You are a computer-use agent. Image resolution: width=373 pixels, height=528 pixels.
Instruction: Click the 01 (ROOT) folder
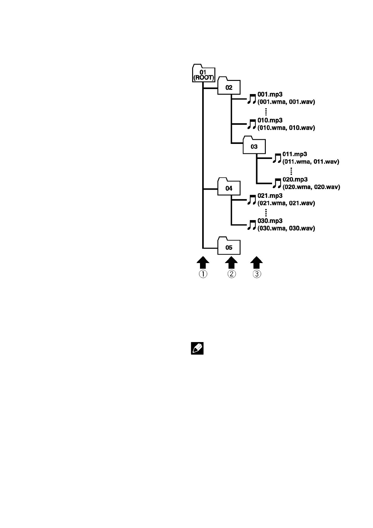tap(204, 74)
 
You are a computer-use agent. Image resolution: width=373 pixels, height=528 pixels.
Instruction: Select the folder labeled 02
tap(229, 86)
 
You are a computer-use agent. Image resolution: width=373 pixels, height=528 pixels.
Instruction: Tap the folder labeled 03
tap(254, 145)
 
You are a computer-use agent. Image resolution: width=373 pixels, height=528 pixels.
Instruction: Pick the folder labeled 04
tap(229, 187)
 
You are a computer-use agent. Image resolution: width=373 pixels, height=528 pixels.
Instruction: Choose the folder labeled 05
tap(229, 246)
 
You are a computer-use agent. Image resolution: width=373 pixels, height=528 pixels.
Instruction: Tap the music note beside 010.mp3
tap(252, 124)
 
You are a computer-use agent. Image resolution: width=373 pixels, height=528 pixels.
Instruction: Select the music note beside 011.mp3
tap(277, 158)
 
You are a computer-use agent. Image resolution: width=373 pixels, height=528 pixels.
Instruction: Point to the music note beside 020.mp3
tap(277, 183)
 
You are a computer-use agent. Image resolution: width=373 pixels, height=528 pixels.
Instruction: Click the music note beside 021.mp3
tap(252, 199)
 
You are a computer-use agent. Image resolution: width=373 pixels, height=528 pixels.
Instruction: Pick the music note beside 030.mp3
tap(252, 224)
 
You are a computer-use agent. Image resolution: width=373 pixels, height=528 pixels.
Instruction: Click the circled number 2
tap(231, 274)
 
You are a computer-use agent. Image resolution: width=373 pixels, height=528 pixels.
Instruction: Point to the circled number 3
tap(257, 274)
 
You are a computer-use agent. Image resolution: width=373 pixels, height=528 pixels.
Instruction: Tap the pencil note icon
tap(197, 348)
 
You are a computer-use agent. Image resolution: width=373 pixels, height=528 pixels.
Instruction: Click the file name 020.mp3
tap(295, 179)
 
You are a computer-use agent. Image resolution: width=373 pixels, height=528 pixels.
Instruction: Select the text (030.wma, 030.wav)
tap(286, 228)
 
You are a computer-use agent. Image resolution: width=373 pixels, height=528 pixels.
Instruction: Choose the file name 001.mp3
tap(270, 94)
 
